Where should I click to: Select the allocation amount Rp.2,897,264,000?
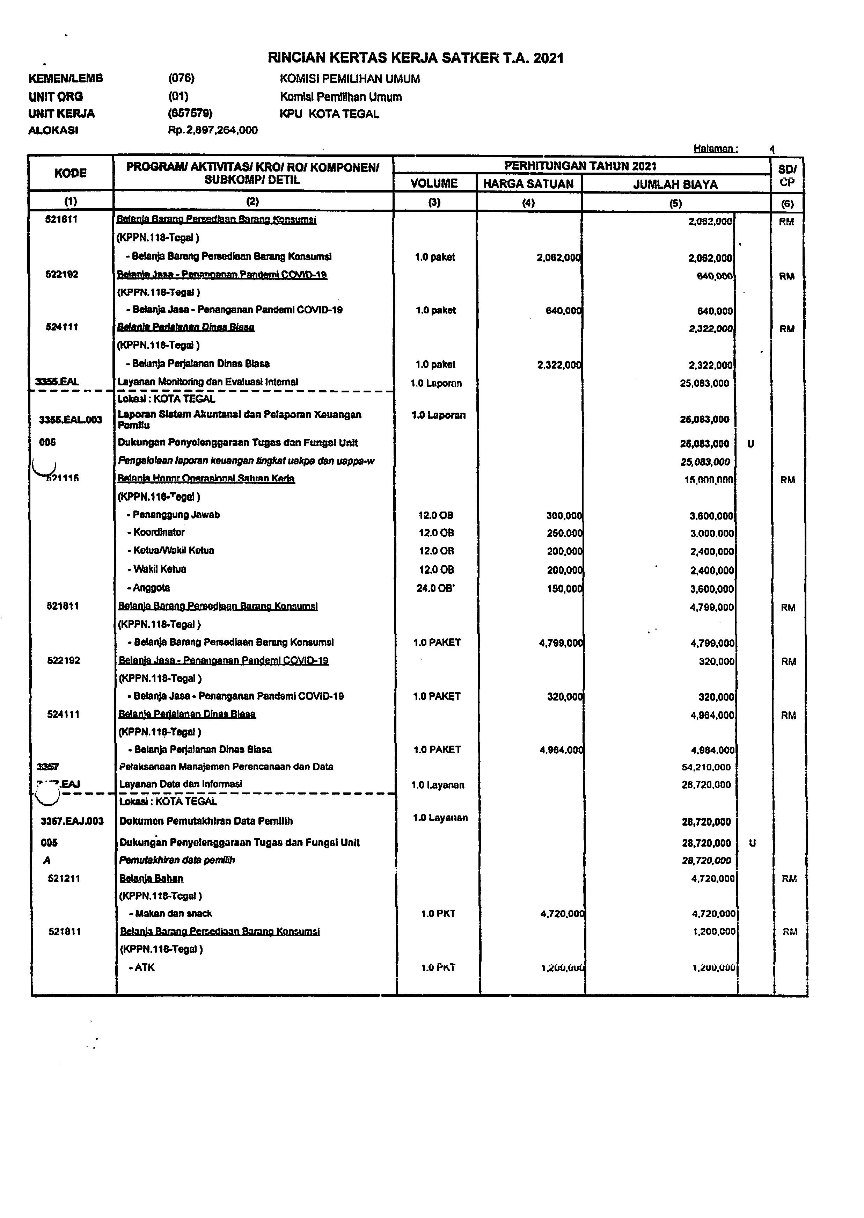213,130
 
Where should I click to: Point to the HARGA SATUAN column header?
528,184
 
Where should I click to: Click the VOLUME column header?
434,183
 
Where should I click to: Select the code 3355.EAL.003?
71,420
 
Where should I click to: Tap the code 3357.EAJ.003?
72,821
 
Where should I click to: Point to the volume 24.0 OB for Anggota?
436,588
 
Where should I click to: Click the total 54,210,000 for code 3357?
706,767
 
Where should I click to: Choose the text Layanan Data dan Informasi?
180,784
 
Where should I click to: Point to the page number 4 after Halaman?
772,150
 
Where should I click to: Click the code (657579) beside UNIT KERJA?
190,113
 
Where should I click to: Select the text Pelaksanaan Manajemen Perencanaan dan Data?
226,767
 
